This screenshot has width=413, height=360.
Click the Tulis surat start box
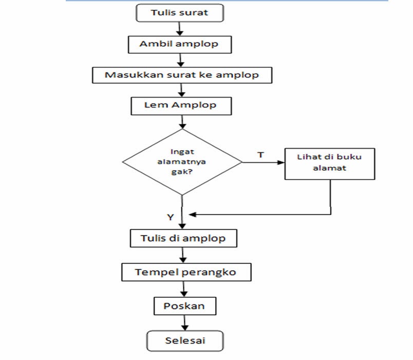pyautogui.click(x=180, y=13)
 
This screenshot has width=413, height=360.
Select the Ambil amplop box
pyautogui.click(x=179, y=44)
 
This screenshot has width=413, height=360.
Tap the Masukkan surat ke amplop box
pyautogui.click(x=181, y=75)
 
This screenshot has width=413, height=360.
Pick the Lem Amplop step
pyautogui.click(x=181, y=105)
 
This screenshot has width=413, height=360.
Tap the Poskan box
pyautogui.click(x=183, y=306)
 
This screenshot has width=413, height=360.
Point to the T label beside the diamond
pyautogui.click(x=260, y=154)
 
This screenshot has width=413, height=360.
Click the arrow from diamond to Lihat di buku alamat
pyautogui.click(x=263, y=163)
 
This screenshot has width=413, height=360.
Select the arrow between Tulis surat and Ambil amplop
pyautogui.click(x=180, y=29)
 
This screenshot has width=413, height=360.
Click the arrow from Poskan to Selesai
pyautogui.click(x=184, y=323)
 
